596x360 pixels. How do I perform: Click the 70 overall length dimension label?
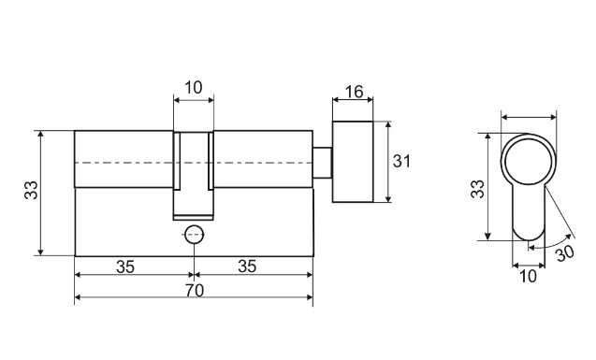coord(195,291)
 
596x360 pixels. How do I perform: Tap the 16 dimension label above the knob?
coord(354,92)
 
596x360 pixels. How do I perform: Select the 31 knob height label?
coord(401,162)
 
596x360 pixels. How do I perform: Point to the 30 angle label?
coord(565,253)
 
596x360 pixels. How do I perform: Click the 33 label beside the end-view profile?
coord(477,189)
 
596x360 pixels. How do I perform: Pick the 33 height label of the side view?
coord(31,190)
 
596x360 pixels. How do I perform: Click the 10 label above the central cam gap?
coord(194,88)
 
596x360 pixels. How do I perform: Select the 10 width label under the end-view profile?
coord(528,277)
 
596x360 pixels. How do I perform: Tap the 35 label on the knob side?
coord(247,266)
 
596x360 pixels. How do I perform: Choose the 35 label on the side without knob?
coord(125,266)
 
